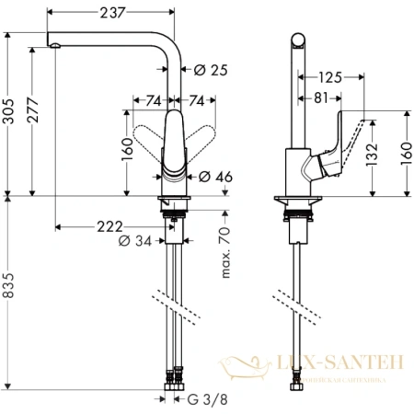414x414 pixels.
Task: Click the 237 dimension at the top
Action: point(109,12)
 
